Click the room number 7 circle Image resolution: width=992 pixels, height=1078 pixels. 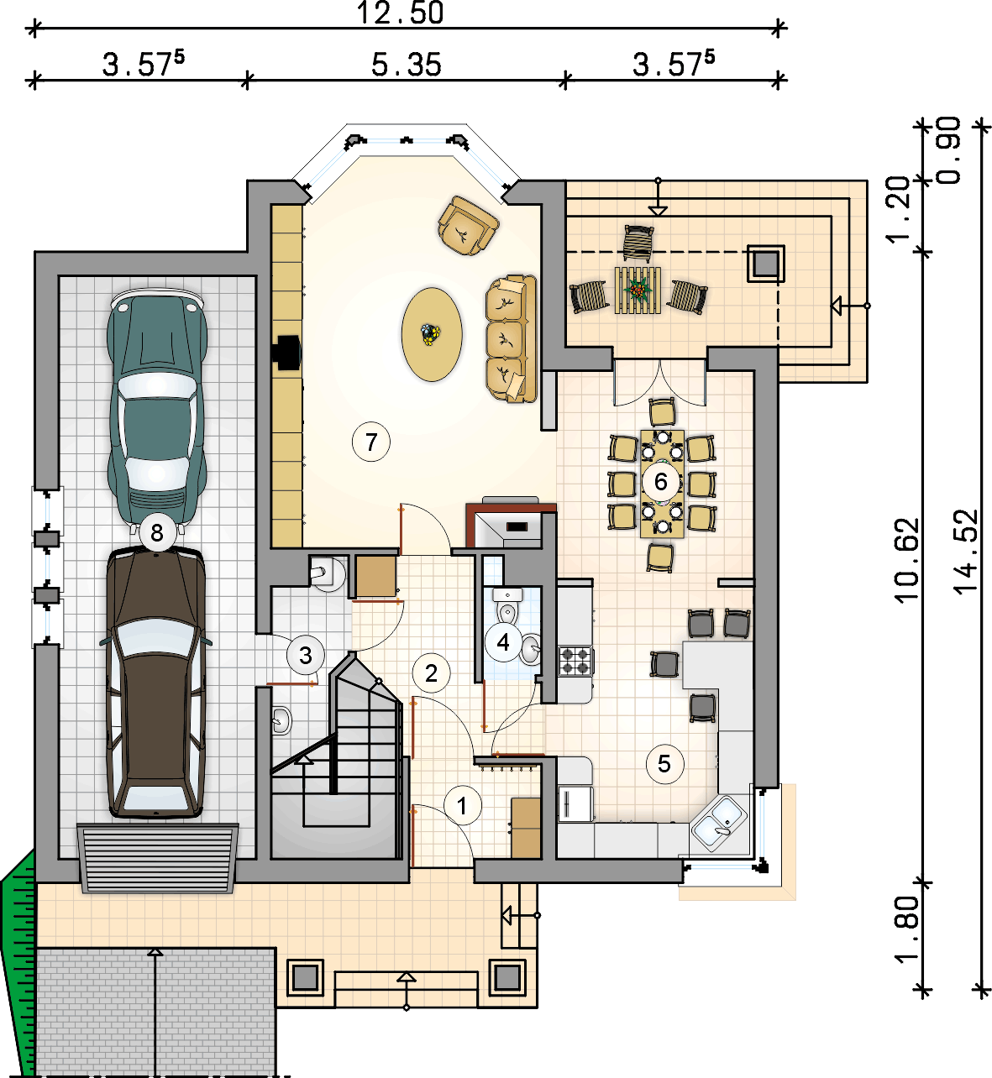pos(371,442)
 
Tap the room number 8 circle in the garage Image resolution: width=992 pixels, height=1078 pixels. pos(156,532)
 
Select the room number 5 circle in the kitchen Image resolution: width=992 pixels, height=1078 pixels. pos(664,764)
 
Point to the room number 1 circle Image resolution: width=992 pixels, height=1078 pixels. pos(462,805)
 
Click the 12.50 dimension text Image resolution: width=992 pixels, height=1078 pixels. pos(400,13)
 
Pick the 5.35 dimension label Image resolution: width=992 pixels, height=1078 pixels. pos(407,64)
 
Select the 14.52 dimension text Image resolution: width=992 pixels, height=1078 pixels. pos(965,552)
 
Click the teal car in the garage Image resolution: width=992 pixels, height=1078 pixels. pos(157,407)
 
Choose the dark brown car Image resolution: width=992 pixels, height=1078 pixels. pos(156,682)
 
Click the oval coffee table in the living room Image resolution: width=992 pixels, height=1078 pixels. pos(432,334)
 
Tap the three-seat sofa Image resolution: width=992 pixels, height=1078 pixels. pos(511,338)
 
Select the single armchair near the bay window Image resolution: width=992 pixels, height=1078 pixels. pos(468,226)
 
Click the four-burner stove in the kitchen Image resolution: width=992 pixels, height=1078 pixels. pos(575,661)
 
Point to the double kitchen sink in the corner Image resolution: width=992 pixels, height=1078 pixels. pos(719,823)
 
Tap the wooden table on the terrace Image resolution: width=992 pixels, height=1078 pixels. pos(638,290)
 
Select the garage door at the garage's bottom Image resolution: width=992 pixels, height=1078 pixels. pos(158,858)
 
